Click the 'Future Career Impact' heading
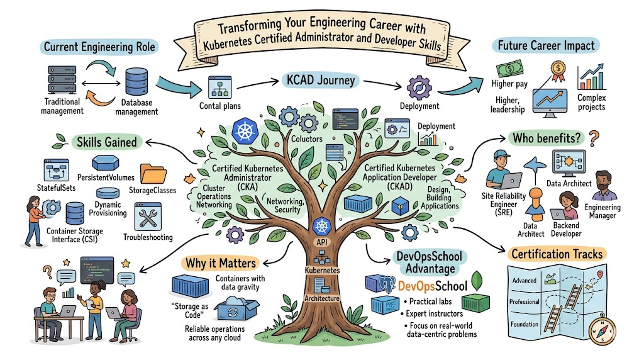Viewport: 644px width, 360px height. pos(545,46)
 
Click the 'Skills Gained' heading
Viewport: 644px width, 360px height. pos(106,142)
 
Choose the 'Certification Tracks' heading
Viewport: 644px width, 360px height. pos(557,254)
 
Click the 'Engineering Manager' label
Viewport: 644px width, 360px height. pos(602,211)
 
